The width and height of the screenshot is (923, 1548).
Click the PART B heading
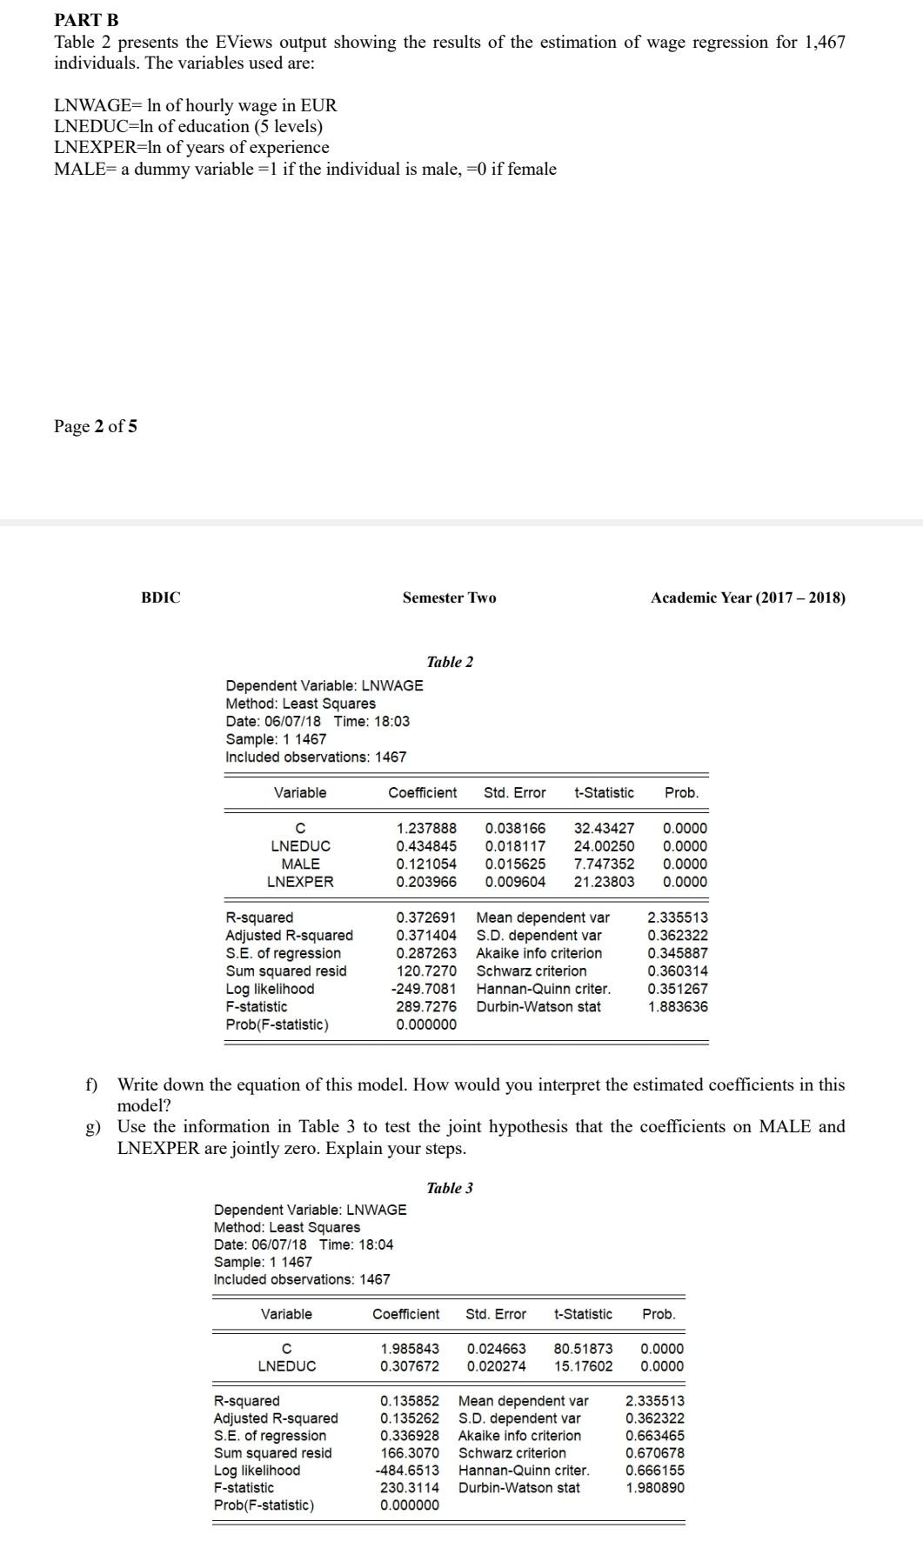pos(86,19)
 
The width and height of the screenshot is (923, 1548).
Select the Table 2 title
pos(450,662)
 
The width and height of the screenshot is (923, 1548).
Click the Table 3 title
pos(450,1188)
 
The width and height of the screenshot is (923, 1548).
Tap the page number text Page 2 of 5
pos(95,426)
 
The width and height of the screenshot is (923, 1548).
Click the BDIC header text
pos(161,597)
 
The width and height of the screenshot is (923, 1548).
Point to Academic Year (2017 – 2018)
pos(747,597)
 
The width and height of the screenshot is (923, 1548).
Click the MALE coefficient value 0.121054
pos(425,864)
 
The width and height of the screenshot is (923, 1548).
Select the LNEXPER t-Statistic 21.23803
pos(604,882)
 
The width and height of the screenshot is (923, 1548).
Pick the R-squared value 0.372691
pos(425,917)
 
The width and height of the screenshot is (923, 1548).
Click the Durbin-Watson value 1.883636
pos(678,1006)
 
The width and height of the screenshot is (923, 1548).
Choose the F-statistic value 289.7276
pos(425,1006)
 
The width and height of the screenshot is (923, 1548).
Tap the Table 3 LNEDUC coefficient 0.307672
pos(410,1366)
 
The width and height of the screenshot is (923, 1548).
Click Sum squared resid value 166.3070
pos(410,1453)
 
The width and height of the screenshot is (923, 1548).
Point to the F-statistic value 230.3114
pos(410,1488)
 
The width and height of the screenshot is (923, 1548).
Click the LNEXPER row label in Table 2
pos(300,882)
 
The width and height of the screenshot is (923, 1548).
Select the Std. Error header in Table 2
pos(514,792)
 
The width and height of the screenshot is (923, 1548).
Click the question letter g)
pos(91,1127)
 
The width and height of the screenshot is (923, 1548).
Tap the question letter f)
pos(90,1084)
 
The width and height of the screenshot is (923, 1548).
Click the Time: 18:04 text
pos(356,1244)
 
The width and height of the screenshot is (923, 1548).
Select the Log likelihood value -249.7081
pos(424,989)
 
